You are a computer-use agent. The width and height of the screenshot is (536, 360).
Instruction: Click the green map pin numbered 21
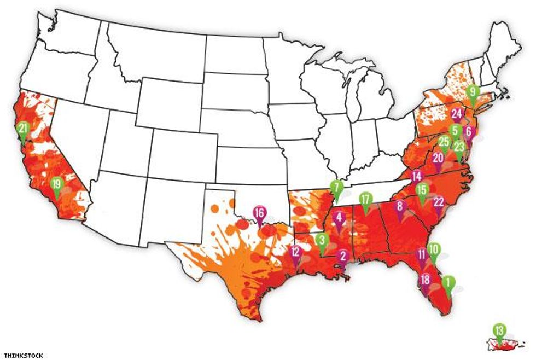click(22, 129)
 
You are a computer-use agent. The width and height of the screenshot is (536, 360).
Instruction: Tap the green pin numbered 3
click(322, 240)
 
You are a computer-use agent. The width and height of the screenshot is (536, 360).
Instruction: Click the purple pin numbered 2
click(343, 256)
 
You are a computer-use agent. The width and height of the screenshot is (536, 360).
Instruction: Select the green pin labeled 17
click(365, 199)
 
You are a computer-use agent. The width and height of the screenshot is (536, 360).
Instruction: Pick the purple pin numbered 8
click(400, 207)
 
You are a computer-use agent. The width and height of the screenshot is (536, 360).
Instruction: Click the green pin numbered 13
click(499, 330)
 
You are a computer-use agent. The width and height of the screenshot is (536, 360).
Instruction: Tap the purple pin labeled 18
click(425, 281)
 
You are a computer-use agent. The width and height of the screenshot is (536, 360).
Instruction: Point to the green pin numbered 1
click(447, 283)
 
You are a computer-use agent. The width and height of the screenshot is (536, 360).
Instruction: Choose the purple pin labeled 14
click(417, 177)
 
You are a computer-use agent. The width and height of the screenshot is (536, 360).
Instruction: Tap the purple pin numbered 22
click(438, 202)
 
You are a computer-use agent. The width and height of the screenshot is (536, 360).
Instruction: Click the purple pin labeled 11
click(422, 254)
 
